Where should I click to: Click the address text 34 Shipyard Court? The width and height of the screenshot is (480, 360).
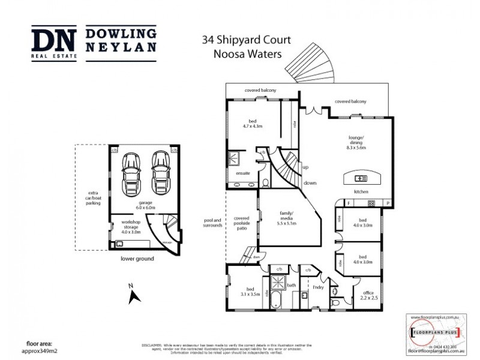(246, 40)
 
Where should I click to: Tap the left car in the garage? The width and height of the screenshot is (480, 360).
(131, 171)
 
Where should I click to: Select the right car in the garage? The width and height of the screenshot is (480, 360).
(159, 171)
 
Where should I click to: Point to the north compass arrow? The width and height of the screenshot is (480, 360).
(134, 295)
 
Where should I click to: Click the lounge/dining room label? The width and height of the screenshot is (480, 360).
(357, 142)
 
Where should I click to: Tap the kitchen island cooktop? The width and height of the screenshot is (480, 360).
(361, 178)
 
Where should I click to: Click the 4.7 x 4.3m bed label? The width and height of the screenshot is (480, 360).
(253, 124)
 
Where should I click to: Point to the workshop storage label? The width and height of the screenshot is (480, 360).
(131, 227)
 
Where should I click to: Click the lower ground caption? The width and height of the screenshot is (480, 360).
(137, 259)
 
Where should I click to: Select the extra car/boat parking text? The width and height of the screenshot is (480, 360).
(92, 199)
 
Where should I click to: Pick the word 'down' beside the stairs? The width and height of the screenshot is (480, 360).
(310, 182)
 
